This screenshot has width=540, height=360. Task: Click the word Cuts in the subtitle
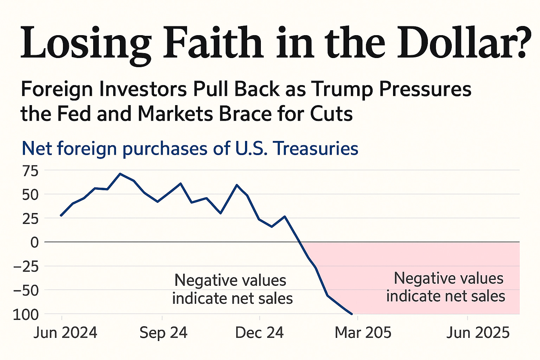(332, 114)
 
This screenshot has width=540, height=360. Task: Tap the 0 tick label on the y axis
(34, 242)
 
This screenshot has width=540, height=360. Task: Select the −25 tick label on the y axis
(26, 266)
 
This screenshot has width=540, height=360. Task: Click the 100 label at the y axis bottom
(26, 315)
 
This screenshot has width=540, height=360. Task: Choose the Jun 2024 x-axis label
(65, 333)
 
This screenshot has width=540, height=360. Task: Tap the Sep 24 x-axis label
(163, 333)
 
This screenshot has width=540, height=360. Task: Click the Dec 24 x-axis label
(259, 333)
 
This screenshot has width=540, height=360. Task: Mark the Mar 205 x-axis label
(363, 333)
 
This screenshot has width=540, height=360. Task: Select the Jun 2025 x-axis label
(478, 333)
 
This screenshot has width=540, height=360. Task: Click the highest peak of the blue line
(120, 174)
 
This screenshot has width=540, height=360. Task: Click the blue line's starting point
(61, 216)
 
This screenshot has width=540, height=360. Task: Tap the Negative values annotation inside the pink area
(446, 287)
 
